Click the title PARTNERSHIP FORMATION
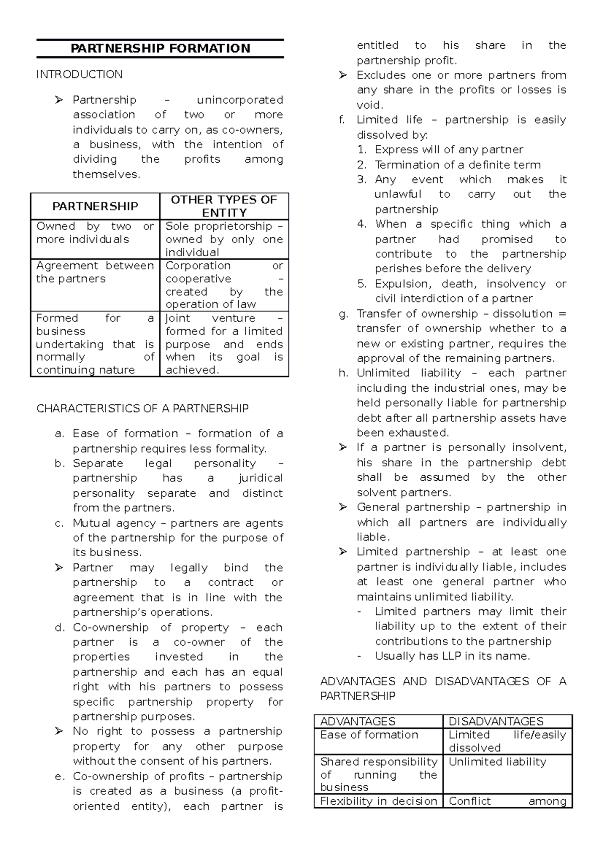[160, 49]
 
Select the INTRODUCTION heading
[79, 75]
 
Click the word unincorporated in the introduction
[240, 100]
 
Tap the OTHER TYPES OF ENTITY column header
[224, 206]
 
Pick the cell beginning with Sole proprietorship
[224, 240]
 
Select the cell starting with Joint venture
[224, 344]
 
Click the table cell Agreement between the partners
[95, 272]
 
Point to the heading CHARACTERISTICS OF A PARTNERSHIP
[142, 408]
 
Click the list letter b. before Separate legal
[60, 464]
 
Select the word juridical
[260, 478]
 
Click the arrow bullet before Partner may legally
[59, 568]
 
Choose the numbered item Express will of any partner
[449, 150]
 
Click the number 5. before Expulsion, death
[362, 284]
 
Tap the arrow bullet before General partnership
[343, 507]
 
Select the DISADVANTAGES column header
[495, 721]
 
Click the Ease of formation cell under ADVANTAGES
[369, 735]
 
